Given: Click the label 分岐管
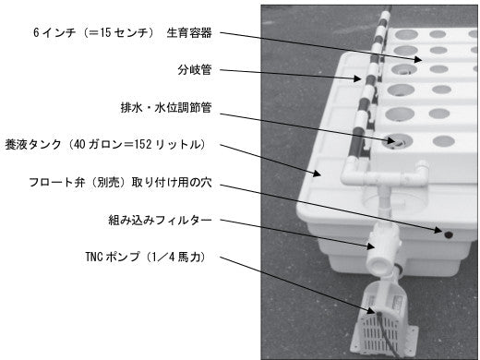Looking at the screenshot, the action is click(x=195, y=70).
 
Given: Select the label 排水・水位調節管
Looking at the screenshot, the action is click(x=166, y=107).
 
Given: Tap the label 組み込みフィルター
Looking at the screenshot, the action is click(x=160, y=220).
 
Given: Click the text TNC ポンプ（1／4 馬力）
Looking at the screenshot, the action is click(x=145, y=257).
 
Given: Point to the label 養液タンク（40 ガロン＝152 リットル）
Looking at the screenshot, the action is click(x=105, y=144).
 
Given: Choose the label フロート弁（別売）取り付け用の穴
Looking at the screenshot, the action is click(x=120, y=182).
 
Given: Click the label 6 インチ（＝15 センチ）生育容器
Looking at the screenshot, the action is click(x=123, y=32).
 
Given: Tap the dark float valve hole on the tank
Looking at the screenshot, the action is click(x=449, y=235).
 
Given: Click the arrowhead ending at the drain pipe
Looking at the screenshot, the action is click(x=390, y=141).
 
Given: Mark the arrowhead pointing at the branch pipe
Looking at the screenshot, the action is click(x=357, y=78).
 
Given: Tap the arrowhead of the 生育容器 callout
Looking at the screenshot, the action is click(x=417, y=59).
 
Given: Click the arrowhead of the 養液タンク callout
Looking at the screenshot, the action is click(x=317, y=174).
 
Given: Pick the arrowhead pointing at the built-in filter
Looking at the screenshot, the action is click(x=370, y=246).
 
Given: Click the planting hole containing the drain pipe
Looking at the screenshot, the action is click(x=396, y=141).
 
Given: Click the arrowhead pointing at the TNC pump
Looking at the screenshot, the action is click(x=371, y=311).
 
